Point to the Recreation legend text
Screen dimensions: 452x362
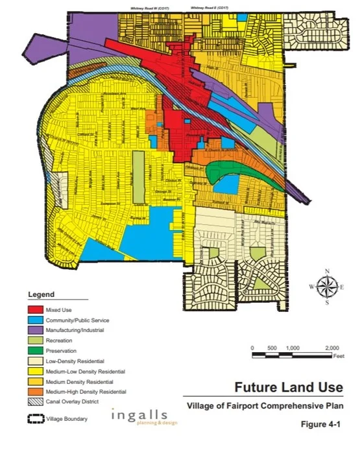pos(59,340)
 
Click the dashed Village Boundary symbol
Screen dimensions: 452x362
pos(34,419)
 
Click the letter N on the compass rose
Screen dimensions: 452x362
pos(327,271)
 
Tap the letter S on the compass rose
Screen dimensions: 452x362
pos(327,302)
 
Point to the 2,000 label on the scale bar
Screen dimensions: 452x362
pos(332,348)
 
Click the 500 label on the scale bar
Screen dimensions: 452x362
pos(271,348)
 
